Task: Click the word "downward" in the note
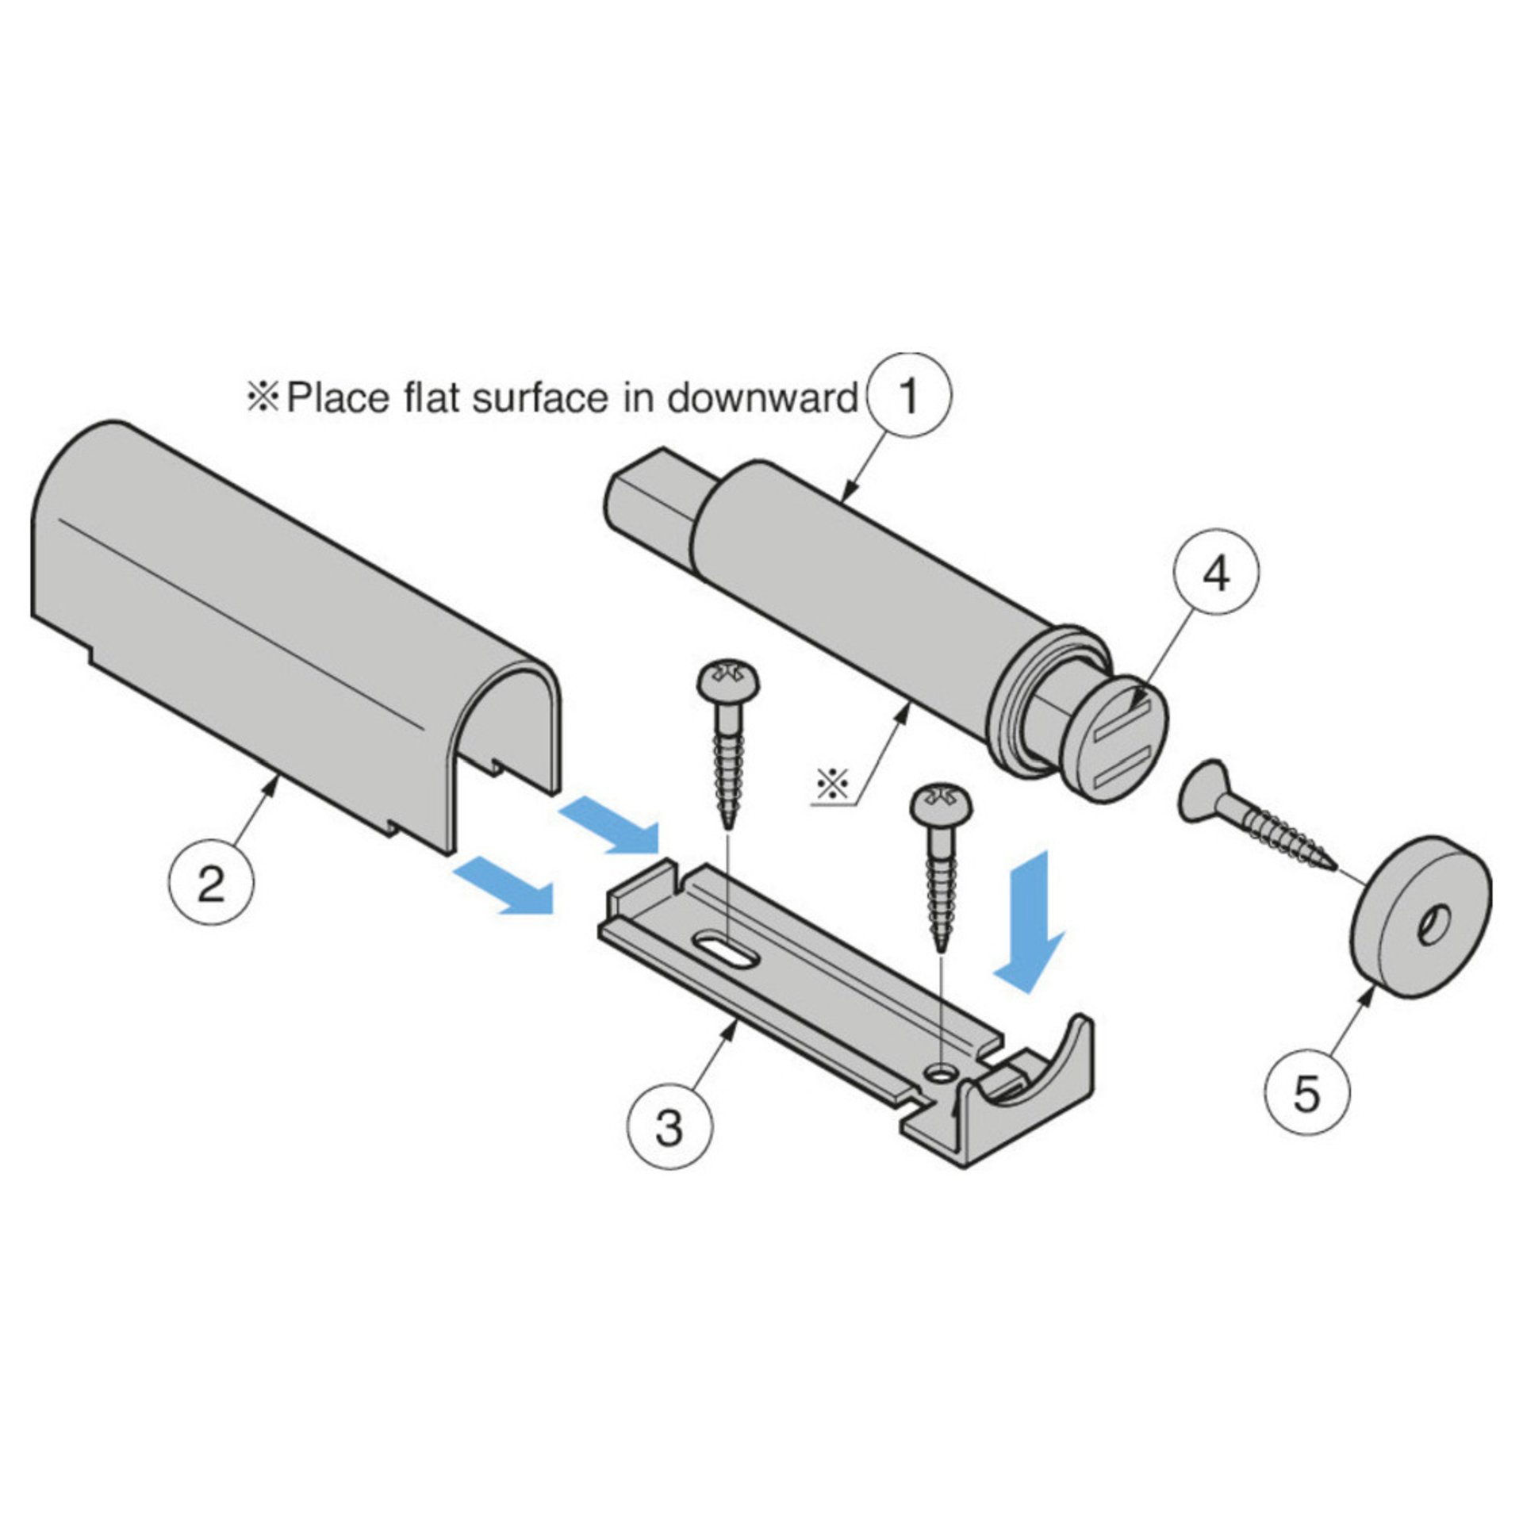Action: point(762,397)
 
